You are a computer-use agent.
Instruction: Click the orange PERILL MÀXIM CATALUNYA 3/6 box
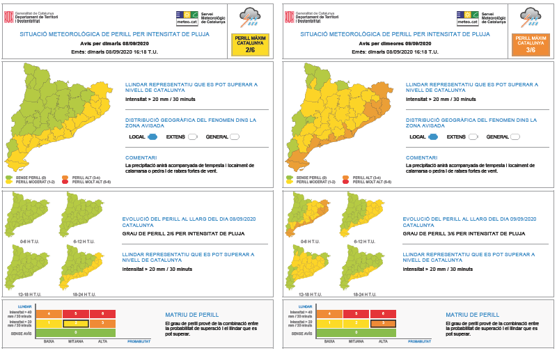click(x=531, y=43)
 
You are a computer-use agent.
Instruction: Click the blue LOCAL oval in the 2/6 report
click(x=152, y=136)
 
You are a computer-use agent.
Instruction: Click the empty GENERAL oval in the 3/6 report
click(x=515, y=136)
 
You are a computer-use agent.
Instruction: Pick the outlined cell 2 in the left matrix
click(x=75, y=323)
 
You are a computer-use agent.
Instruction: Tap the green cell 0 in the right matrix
click(x=356, y=333)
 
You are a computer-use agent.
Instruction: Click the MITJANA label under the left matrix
click(x=75, y=342)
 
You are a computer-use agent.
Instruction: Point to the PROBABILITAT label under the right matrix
click(x=419, y=342)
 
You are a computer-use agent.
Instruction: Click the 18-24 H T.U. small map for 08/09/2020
click(x=83, y=273)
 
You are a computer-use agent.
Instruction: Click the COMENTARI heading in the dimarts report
click(x=141, y=157)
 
